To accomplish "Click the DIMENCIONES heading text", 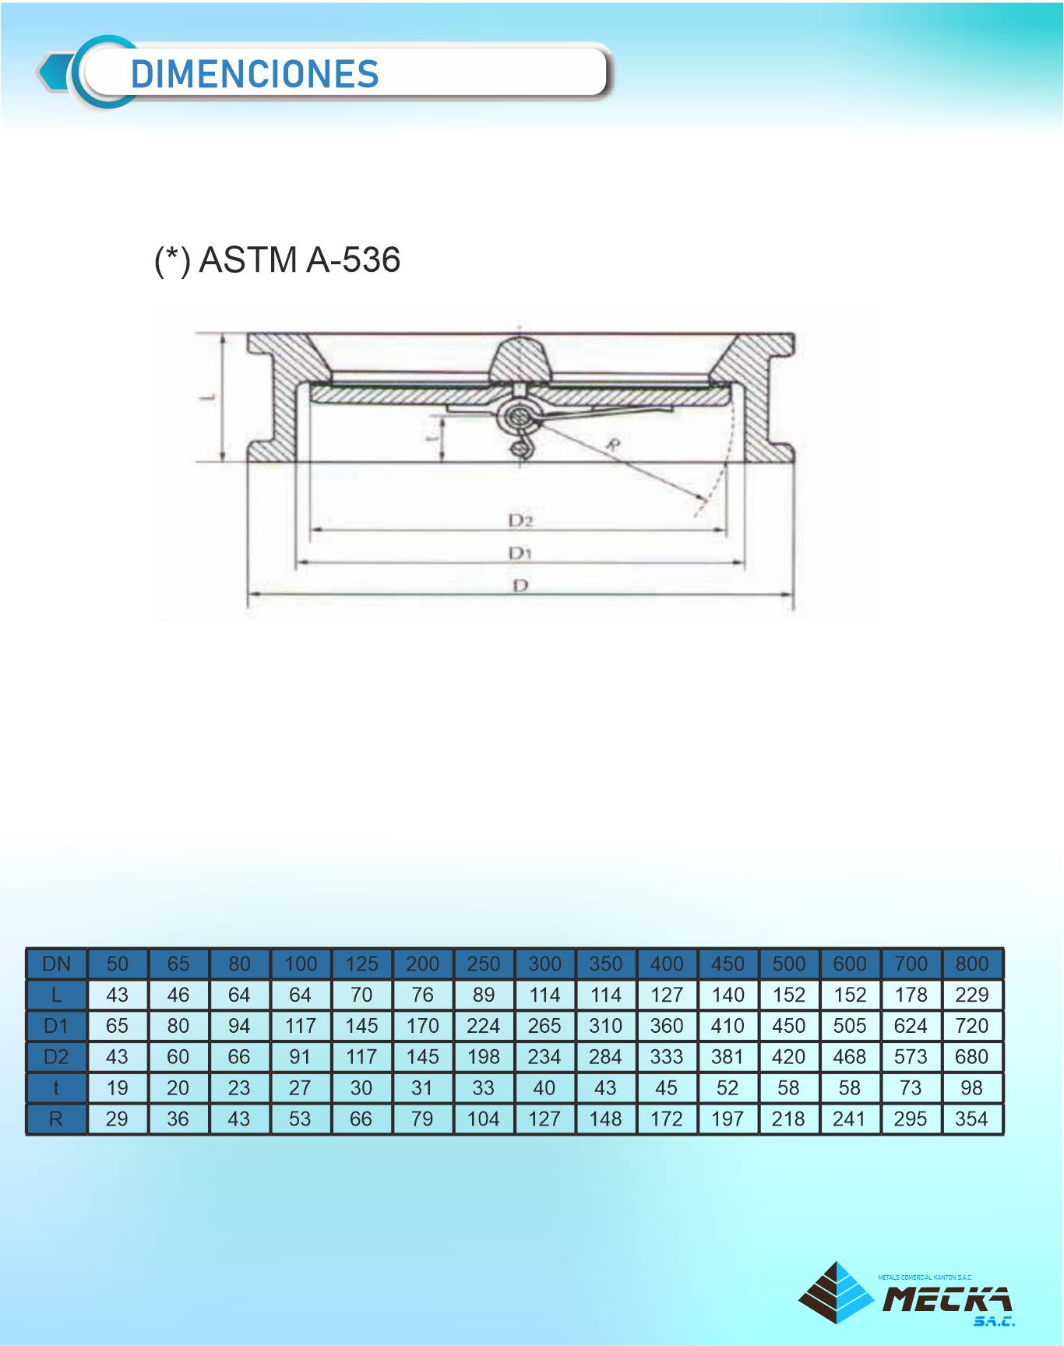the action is point(255,74).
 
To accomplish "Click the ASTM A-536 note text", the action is point(277,259).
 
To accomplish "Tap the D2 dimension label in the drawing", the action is point(520,520).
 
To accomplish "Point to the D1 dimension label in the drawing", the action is point(520,553).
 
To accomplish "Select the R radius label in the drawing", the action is point(614,446).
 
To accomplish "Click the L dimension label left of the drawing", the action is point(208,397).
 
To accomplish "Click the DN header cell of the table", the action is point(56,964).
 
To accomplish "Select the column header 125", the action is point(361,964).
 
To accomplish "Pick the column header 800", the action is point(972,964).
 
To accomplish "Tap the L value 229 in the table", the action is point(972,995).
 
